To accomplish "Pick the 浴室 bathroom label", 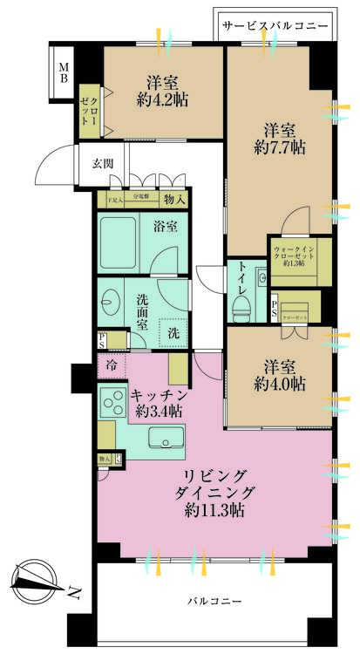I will (166, 227).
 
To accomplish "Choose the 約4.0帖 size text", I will (281, 384).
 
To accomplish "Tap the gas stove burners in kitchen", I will (113, 403).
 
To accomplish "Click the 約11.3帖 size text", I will (212, 513).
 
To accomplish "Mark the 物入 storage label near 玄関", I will (174, 200).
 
